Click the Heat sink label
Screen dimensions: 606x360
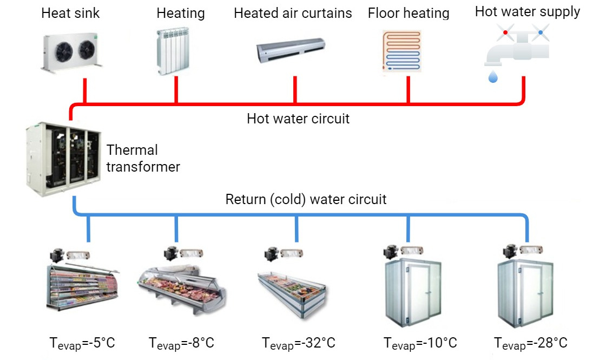[x=70, y=13]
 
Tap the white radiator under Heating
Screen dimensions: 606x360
[x=173, y=51]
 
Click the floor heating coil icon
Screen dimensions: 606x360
[x=401, y=51]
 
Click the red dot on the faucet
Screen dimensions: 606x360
[x=505, y=32]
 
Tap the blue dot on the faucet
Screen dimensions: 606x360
[x=541, y=32]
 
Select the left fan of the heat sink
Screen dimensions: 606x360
[x=64, y=52]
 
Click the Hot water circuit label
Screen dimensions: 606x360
[x=298, y=119]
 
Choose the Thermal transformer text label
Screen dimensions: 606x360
[x=143, y=158]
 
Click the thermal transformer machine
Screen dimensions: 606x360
[x=63, y=159]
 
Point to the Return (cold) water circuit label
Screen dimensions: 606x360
[x=306, y=199]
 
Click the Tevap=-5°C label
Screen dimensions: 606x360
[x=82, y=343]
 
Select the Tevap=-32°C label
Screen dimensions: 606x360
[x=298, y=343]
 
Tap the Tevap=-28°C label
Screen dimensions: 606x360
[x=531, y=343]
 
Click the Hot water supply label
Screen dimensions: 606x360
[x=527, y=12]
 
